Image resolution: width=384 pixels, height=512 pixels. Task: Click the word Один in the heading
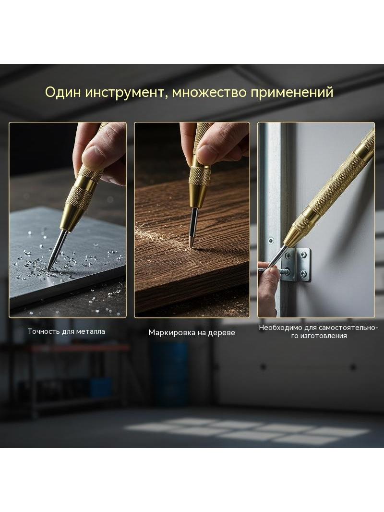point(63,92)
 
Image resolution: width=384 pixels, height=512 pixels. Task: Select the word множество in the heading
point(209,92)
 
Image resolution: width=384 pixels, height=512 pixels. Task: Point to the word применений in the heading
point(292,93)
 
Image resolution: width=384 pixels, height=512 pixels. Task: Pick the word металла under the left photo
point(91,332)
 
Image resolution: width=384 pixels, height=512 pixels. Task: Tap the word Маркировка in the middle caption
point(169,333)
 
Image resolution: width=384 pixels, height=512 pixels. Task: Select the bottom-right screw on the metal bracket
point(303,273)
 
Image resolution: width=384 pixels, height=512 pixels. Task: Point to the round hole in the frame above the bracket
point(271,241)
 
